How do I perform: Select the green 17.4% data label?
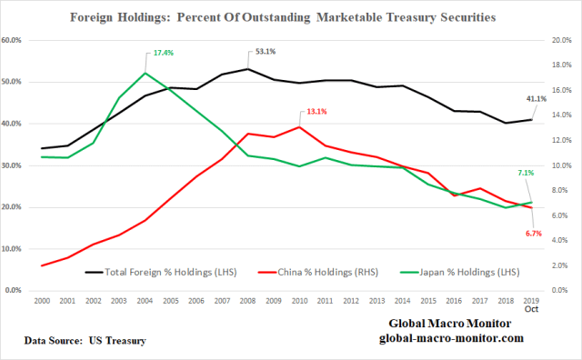pos(163,53)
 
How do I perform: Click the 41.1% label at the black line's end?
pos(537,98)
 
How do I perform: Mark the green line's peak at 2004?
pos(145,73)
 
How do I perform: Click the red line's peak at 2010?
pos(299,127)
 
